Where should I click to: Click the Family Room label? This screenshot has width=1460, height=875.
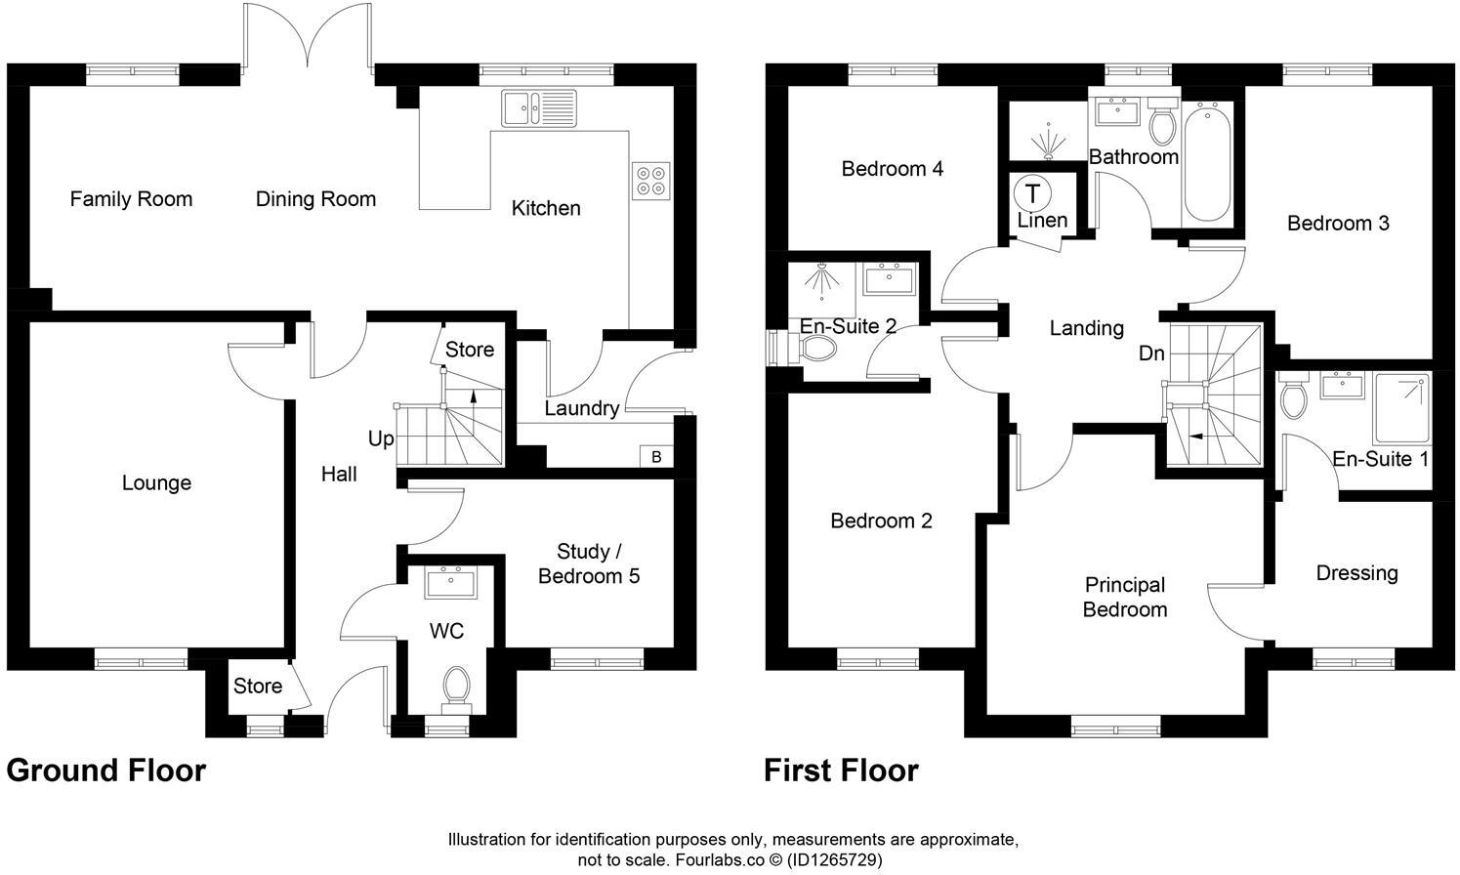click(131, 199)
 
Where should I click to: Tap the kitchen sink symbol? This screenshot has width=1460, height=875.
click(539, 108)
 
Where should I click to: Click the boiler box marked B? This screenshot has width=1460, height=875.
click(656, 456)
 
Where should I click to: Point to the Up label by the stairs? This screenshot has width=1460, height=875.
click(381, 438)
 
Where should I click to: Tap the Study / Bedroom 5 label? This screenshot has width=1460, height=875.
click(589, 564)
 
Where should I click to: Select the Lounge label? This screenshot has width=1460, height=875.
click(156, 483)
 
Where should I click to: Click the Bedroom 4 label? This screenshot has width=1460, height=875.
click(892, 169)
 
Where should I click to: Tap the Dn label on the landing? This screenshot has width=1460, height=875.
click(1151, 354)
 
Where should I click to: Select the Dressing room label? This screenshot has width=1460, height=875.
click(1356, 573)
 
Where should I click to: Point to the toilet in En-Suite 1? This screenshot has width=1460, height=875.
click(1294, 397)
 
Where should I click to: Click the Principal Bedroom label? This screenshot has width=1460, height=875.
click(1125, 597)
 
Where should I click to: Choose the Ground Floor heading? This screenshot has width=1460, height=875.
click(105, 771)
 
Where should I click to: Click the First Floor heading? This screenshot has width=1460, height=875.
click(841, 771)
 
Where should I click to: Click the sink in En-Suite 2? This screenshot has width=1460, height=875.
click(888, 277)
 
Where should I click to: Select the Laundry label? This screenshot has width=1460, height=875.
click(581, 408)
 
